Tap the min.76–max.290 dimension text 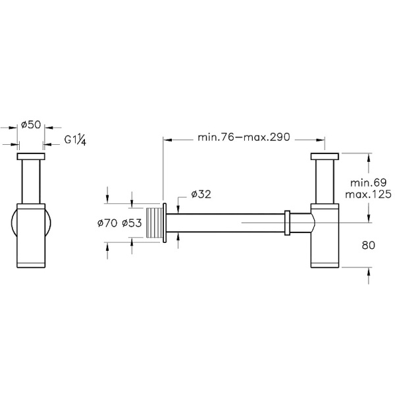[x=244, y=138]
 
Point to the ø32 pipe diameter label [x=201, y=194]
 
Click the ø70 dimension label [x=107, y=224]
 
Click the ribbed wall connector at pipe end [x=154, y=223]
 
